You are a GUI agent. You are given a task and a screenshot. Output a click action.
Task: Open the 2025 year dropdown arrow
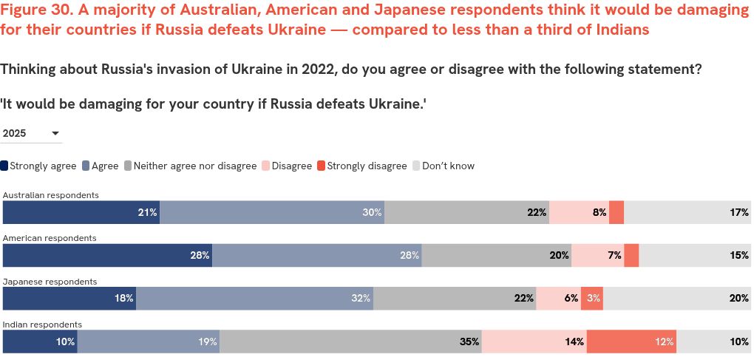[x=55, y=134]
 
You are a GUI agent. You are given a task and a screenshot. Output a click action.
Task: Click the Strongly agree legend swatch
[x=5, y=166]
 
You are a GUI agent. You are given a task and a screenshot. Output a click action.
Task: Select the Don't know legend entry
[x=448, y=166]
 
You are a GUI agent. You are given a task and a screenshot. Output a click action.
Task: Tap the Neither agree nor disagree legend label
[x=194, y=166]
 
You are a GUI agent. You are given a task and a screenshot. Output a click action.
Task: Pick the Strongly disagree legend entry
[x=367, y=166]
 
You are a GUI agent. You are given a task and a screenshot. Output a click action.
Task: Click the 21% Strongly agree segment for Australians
[x=81, y=212]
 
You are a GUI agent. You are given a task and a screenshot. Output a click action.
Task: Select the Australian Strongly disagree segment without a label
[x=617, y=212]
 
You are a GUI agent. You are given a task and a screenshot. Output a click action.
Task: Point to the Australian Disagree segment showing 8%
[x=579, y=212]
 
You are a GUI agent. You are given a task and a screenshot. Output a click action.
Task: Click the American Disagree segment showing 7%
[x=597, y=255]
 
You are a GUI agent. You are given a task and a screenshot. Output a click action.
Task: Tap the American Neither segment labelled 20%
[x=496, y=255]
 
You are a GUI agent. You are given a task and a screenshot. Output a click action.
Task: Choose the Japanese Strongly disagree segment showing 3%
[x=591, y=298]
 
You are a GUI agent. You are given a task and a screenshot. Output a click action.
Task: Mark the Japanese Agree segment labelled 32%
[x=254, y=298]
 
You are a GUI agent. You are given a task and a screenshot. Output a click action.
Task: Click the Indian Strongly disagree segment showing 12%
[x=631, y=342]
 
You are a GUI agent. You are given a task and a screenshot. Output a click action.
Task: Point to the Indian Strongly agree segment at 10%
[x=40, y=342]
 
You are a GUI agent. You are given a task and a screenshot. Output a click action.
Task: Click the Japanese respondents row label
[x=50, y=282]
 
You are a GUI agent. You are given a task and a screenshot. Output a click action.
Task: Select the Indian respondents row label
[x=43, y=325]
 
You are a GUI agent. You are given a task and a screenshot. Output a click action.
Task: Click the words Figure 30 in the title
[x=34, y=10]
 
